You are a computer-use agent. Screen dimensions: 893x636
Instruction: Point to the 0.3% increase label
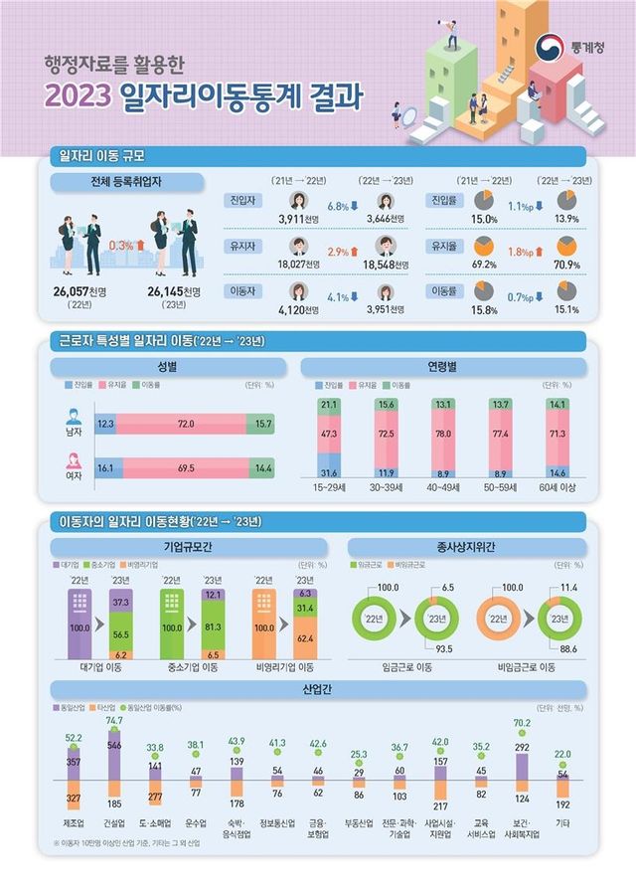[126, 246]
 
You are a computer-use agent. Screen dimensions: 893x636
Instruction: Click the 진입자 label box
[241, 201]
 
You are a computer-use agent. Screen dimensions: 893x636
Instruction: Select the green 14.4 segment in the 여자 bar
[262, 465]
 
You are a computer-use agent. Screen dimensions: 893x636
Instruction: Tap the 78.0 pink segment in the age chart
[443, 434]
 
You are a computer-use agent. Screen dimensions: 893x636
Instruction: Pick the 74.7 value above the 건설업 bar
[114, 720]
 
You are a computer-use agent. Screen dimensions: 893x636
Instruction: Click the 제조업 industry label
[74, 824]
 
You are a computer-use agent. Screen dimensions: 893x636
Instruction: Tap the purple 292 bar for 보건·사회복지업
[521, 765]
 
